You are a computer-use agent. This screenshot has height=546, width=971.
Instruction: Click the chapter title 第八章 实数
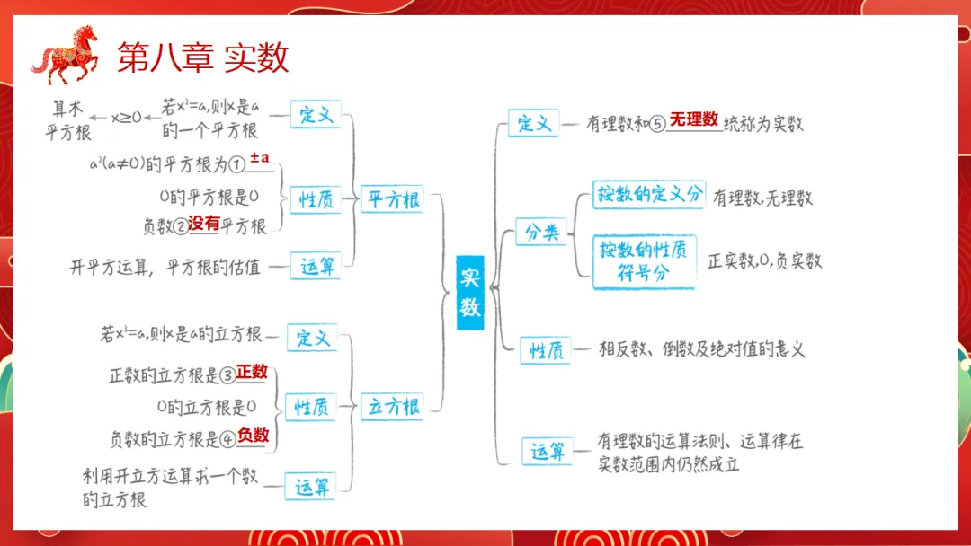[203, 57]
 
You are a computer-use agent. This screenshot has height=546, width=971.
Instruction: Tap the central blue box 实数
[470, 292]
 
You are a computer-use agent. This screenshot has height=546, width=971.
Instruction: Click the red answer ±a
[260, 159]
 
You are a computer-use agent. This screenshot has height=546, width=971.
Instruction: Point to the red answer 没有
[204, 225]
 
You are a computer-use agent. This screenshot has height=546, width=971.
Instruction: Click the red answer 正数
[252, 371]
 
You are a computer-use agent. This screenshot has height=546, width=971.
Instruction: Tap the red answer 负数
[253, 436]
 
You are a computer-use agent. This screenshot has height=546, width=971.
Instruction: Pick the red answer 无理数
[693, 119]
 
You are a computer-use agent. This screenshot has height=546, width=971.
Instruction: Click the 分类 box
[541, 233]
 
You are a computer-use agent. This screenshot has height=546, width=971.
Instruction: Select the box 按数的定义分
[647, 195]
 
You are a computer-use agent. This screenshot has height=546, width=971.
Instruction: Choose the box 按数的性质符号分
[644, 260]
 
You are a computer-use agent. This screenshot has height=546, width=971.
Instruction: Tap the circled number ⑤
[656, 123]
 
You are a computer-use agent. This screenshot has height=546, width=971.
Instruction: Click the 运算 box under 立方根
[312, 487]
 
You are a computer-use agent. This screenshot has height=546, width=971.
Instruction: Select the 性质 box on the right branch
[546, 350]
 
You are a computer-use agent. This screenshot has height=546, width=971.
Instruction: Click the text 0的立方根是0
[206, 407]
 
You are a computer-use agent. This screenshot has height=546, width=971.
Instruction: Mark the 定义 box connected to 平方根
[316, 114]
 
